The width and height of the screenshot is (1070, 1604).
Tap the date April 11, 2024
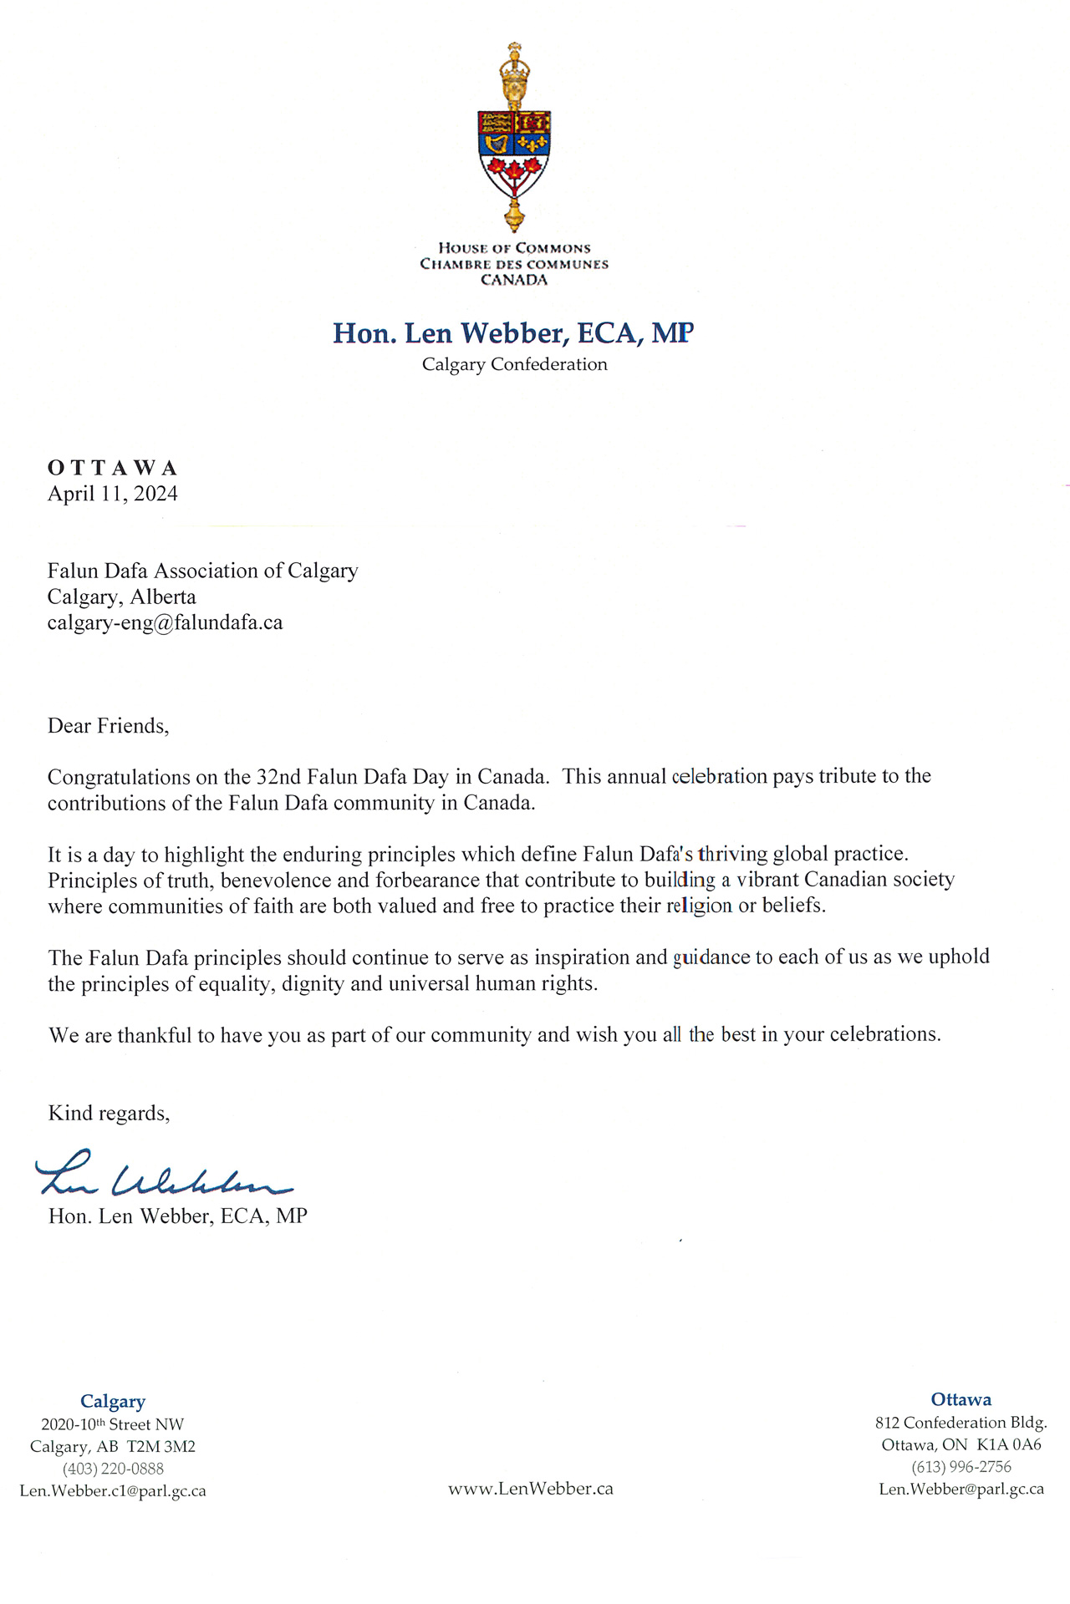113,494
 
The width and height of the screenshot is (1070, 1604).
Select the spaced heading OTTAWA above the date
113,467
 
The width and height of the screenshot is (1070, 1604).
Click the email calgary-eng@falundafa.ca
165,622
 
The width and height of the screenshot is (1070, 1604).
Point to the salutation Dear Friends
108,725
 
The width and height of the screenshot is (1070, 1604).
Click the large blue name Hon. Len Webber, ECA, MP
513,333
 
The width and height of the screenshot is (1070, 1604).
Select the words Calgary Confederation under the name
514,364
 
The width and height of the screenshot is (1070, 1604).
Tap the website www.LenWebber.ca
531,1489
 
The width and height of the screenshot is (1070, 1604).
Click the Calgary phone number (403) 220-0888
113,1469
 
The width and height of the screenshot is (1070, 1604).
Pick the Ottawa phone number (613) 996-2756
961,1467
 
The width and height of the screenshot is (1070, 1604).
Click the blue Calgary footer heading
113,1401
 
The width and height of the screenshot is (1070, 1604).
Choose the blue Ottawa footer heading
961,1399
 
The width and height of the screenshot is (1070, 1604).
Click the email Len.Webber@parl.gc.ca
961,1489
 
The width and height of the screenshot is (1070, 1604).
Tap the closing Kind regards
109,1113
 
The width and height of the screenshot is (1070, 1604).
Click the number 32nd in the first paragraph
278,777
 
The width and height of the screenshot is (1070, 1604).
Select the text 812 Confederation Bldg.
961,1422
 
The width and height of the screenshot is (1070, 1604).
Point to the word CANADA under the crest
514,280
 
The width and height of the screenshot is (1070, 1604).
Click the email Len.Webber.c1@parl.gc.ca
113,1491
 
